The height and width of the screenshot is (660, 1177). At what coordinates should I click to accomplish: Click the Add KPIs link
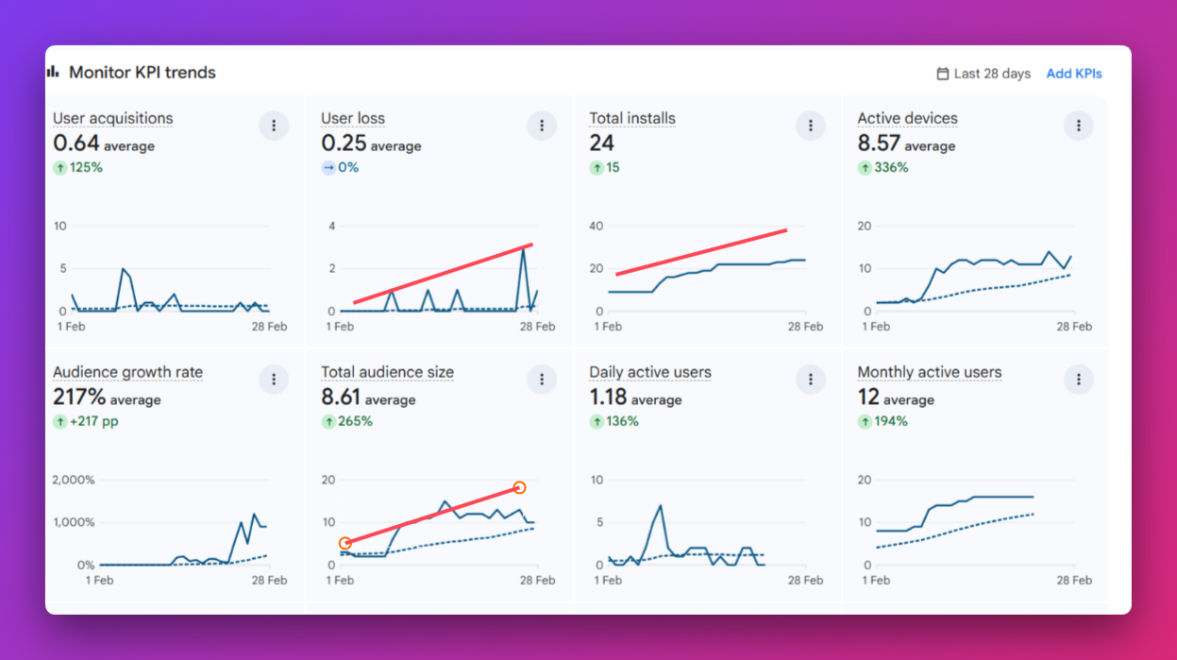click(1073, 74)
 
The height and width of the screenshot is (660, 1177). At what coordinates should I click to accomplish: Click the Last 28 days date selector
click(983, 74)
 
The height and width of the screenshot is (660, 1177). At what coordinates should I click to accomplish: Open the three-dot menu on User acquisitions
click(274, 126)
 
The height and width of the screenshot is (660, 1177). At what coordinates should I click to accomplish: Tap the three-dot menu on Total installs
click(810, 126)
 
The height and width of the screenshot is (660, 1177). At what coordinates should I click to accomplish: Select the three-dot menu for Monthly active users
click(1078, 380)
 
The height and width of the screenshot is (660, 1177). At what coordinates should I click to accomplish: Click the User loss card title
click(353, 118)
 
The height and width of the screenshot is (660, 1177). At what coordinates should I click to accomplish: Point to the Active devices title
click(907, 118)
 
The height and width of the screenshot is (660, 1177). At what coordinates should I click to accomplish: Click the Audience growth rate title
click(127, 372)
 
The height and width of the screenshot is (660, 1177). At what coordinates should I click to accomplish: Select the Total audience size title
click(387, 372)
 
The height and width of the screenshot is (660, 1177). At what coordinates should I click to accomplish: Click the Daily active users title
click(649, 372)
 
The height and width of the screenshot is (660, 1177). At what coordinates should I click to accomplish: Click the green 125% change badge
click(78, 168)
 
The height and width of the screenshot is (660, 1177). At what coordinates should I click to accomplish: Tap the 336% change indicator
click(883, 168)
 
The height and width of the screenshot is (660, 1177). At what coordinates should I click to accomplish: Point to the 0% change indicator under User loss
click(340, 168)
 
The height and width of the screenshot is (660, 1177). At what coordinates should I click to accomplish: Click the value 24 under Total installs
click(602, 143)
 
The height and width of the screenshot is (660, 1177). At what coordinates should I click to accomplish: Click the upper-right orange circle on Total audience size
click(519, 487)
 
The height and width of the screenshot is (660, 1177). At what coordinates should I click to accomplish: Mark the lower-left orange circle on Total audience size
click(345, 543)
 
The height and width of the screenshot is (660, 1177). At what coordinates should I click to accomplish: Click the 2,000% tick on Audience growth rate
click(74, 480)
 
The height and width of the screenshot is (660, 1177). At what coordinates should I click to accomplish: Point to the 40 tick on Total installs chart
click(596, 226)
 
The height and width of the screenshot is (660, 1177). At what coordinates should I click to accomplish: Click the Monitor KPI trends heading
click(142, 73)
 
